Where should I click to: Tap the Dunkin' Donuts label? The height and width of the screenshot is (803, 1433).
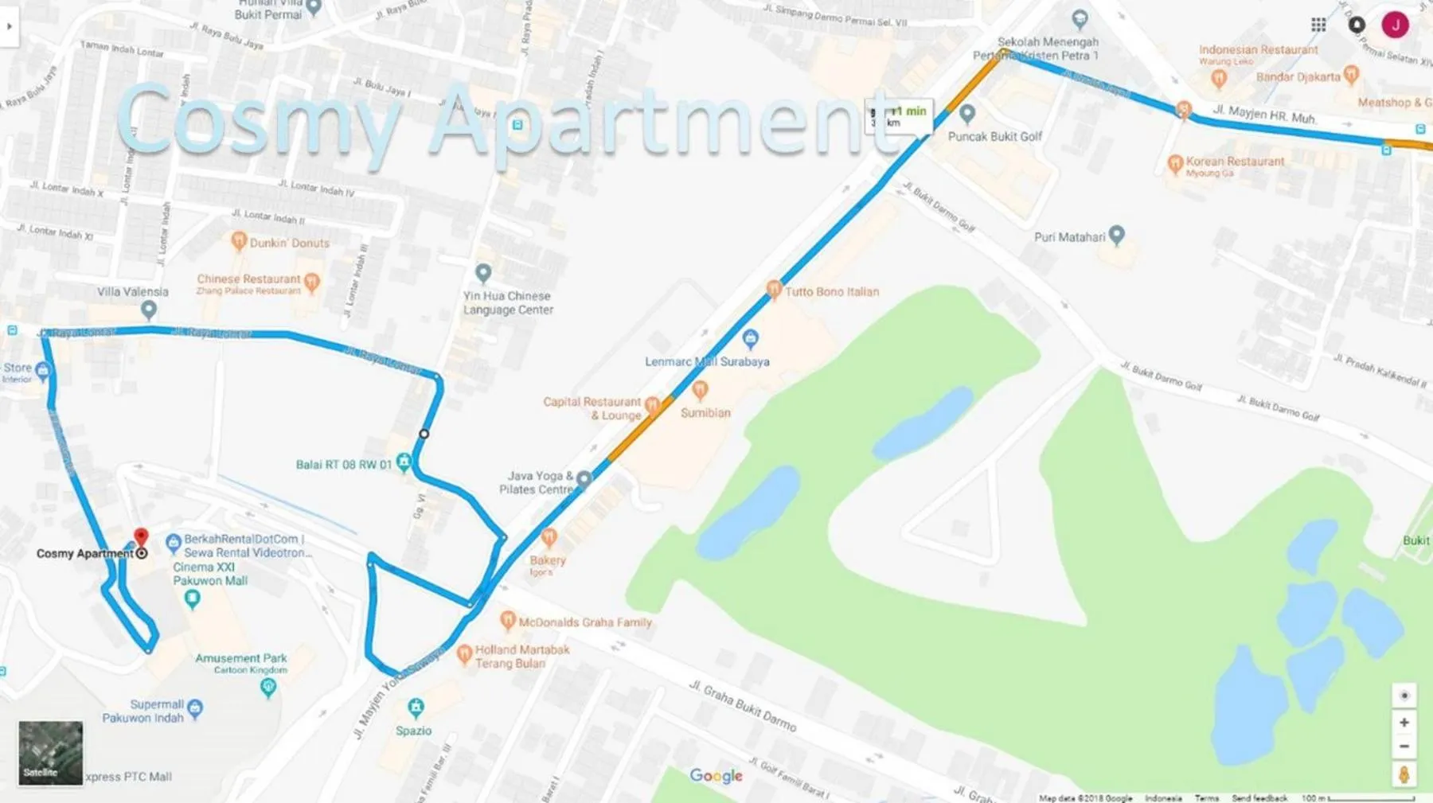click(289, 243)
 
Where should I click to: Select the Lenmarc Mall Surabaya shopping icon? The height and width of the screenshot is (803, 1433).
click(750, 339)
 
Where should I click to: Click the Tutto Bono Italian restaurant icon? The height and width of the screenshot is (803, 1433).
click(773, 290)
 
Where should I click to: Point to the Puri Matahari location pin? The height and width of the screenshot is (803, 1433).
click(1116, 234)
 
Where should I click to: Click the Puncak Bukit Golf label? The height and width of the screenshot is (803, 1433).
click(994, 136)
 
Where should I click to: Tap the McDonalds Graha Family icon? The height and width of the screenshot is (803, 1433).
click(507, 619)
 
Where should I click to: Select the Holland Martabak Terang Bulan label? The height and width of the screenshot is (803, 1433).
click(521, 657)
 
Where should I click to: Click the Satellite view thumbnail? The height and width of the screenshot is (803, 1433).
click(50, 753)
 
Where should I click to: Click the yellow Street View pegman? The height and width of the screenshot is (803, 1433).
click(1404, 774)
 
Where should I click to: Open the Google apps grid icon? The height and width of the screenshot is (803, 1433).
click(1318, 25)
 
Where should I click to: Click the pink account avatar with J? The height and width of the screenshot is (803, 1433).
click(1395, 25)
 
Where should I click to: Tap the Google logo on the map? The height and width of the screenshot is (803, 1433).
click(716, 775)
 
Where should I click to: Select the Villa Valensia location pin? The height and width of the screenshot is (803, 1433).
click(148, 310)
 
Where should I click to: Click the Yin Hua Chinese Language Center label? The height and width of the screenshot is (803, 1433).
click(508, 302)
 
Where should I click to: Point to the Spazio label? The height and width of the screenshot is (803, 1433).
click(413, 731)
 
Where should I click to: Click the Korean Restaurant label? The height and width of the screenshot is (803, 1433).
click(1235, 162)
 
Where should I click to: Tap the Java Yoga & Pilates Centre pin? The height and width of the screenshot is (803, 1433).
click(584, 479)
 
